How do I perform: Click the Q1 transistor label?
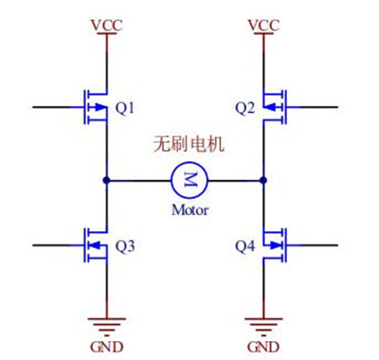tap(127, 107)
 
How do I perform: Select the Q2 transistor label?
tap(244, 107)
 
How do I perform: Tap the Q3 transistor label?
tap(127, 247)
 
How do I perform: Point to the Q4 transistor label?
tap(244, 247)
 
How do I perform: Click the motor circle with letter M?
tap(188, 178)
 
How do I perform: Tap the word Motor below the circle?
tap(189, 209)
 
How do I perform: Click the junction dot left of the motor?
tap(107, 179)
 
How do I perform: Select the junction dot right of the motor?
tap(262, 179)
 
